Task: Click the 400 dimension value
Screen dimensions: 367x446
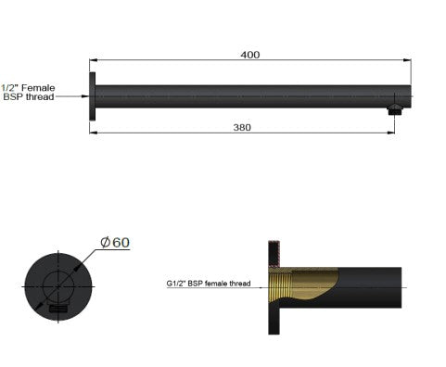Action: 249,55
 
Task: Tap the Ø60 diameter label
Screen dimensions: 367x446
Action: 115,242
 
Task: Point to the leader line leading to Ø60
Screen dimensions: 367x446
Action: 88,258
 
